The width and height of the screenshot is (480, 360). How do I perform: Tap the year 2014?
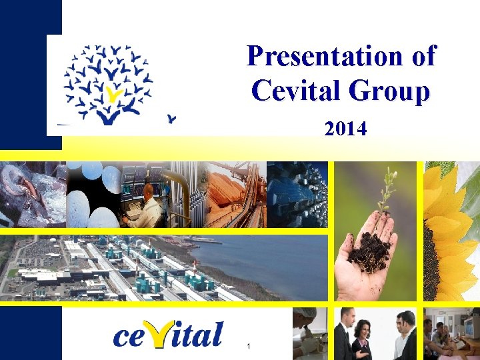[345, 129]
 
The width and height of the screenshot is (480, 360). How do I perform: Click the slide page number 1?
[248, 346]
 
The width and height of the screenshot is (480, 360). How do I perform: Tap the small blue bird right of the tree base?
[172, 120]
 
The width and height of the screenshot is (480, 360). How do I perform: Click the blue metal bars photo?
[297, 193]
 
